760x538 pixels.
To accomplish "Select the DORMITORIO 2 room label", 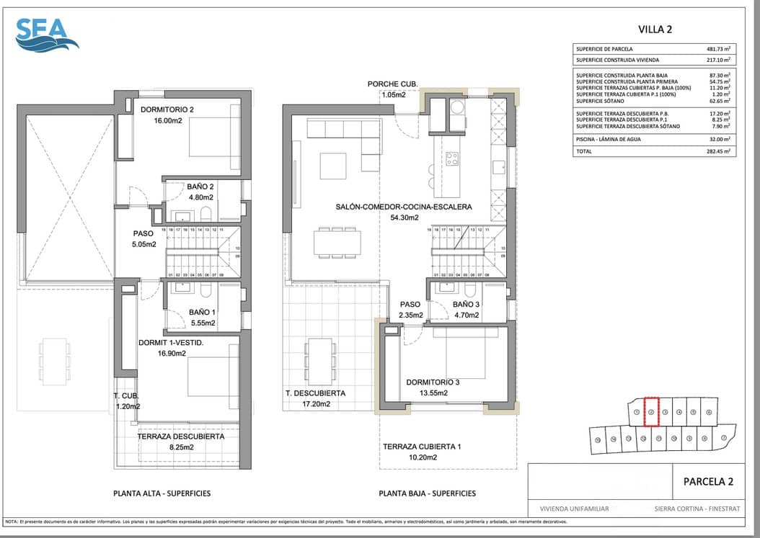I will (167, 109).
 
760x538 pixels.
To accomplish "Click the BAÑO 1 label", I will (201, 312).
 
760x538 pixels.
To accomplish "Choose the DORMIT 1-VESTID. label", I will (171, 343).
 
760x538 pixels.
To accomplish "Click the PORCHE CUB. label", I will (392, 84).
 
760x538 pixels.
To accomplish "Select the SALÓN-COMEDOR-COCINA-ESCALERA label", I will (403, 207).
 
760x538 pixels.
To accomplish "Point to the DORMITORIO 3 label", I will (433, 382).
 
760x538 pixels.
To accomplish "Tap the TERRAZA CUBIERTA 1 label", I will (422, 446).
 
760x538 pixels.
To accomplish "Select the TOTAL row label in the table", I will (585, 152).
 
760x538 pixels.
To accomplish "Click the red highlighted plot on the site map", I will (651, 412).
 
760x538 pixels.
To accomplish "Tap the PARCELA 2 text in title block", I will (707, 482).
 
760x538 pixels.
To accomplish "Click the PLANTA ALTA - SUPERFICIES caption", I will (162, 493).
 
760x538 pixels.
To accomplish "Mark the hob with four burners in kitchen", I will (452, 158).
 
